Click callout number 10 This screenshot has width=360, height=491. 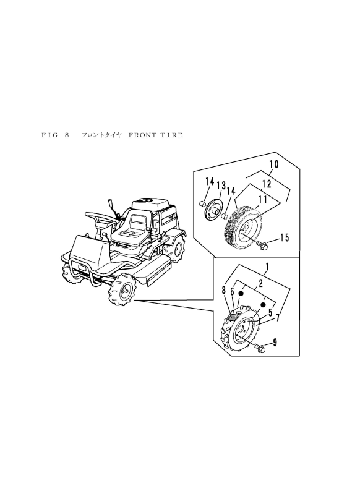pyautogui.click(x=273, y=165)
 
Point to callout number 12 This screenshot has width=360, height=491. pyautogui.click(x=266, y=184)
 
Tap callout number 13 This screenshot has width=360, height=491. pyautogui.click(x=220, y=187)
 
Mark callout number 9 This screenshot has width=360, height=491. pyautogui.click(x=275, y=343)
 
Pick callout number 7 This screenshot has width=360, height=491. pyautogui.click(x=277, y=318)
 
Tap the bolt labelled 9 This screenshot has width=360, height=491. pyautogui.click(x=260, y=349)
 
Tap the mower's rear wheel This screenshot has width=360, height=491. pyautogui.click(x=180, y=248)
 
